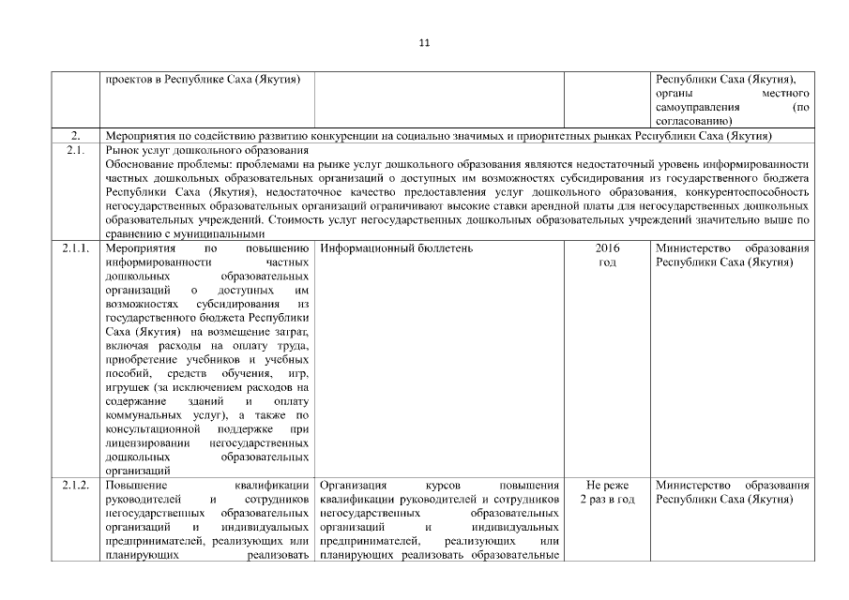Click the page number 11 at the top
point(424,42)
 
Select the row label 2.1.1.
point(78,248)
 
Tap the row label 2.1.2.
point(78,486)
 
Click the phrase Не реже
point(607,486)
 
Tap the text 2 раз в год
point(607,500)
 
